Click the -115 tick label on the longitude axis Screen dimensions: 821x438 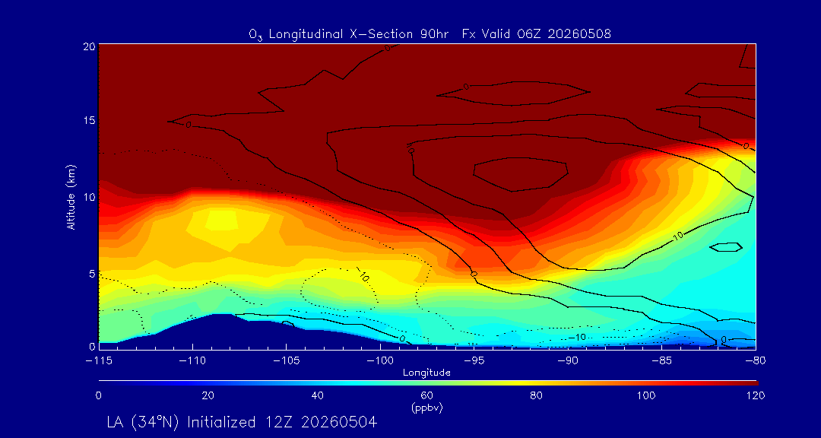click(x=98, y=361)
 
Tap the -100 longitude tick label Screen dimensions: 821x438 click(x=380, y=361)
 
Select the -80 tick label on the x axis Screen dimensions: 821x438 click(x=756, y=361)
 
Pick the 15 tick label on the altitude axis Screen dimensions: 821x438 click(x=90, y=120)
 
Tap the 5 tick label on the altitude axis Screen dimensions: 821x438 click(x=92, y=273)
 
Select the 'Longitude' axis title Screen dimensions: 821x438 click(x=426, y=373)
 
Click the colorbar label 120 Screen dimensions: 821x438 click(x=756, y=395)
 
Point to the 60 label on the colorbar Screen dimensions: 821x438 click(x=426, y=395)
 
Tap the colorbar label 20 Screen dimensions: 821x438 click(x=208, y=395)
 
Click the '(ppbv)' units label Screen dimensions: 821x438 click(x=426, y=408)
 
